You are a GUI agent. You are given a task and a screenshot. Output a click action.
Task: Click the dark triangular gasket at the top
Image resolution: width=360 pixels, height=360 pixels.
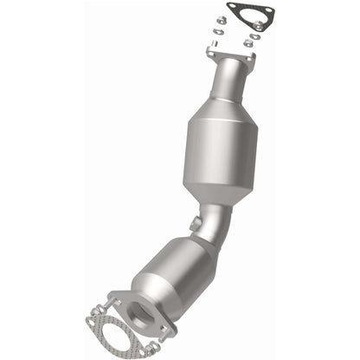coord(250,18)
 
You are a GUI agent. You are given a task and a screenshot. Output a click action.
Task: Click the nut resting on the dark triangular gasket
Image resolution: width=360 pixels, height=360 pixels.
coord(258,27)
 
